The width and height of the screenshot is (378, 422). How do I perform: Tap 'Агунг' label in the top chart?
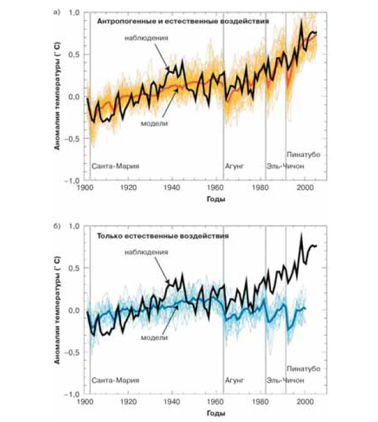point(234,167)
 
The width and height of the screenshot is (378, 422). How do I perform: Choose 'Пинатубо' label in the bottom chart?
point(304,368)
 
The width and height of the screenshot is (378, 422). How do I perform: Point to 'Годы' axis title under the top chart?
point(215,199)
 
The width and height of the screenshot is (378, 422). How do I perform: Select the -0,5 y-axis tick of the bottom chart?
point(72,354)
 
